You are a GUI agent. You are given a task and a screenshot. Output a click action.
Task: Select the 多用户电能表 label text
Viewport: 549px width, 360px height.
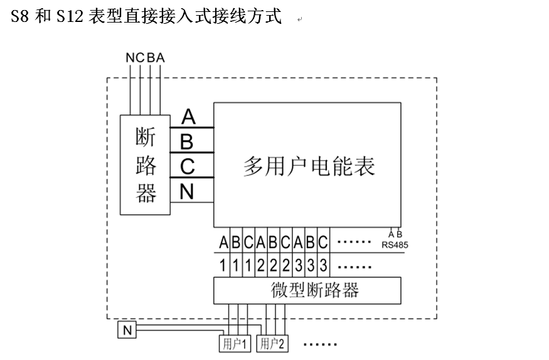click(309, 167)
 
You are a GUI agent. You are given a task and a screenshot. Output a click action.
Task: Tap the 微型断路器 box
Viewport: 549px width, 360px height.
click(307, 290)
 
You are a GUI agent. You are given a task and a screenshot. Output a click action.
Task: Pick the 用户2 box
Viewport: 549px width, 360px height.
click(274, 344)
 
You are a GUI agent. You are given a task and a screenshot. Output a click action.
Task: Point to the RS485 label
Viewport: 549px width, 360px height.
click(395, 245)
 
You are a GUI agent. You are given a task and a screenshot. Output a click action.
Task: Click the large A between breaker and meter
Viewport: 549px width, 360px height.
click(188, 117)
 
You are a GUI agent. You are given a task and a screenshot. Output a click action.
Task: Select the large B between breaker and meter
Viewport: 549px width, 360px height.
click(187, 142)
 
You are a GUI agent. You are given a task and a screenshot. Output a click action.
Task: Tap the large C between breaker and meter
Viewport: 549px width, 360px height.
click(188, 167)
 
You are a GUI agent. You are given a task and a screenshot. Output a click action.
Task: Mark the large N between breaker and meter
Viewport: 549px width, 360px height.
click(187, 191)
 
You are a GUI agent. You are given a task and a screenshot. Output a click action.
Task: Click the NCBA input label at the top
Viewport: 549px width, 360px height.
click(145, 58)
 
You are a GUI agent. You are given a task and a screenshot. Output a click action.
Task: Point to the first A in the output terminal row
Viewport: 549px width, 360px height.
click(223, 242)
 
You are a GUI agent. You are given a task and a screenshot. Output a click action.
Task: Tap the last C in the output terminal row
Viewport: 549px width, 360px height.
click(323, 242)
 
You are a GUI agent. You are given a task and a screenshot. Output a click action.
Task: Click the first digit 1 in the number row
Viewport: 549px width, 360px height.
click(223, 265)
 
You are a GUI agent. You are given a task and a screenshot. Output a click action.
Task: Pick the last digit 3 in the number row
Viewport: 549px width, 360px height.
click(323, 265)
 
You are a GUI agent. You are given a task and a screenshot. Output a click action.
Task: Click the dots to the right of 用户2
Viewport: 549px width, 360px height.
click(320, 344)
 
